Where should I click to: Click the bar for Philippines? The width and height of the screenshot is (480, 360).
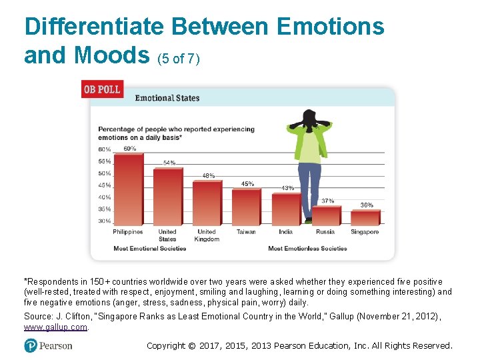(129, 189)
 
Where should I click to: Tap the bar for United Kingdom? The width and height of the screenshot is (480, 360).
(207, 203)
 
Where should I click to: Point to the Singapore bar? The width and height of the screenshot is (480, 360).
(365, 217)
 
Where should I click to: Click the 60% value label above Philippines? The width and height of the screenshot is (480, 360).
(130, 149)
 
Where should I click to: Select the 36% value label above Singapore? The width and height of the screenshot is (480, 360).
(367, 205)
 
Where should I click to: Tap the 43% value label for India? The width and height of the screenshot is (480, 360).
(287, 188)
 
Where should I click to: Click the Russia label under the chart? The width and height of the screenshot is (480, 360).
(325, 232)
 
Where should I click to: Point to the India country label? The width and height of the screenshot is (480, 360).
(285, 232)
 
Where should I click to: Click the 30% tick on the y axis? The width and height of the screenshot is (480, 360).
(105, 221)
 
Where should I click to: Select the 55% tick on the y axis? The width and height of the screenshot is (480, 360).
(105, 161)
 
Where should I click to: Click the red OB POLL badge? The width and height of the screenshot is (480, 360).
(102, 89)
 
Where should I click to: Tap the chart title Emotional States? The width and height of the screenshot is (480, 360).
(167, 98)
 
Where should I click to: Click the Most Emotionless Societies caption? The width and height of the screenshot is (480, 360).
(307, 249)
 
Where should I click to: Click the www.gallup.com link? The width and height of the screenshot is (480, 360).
(55, 327)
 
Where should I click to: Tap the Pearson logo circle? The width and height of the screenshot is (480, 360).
(30, 345)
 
